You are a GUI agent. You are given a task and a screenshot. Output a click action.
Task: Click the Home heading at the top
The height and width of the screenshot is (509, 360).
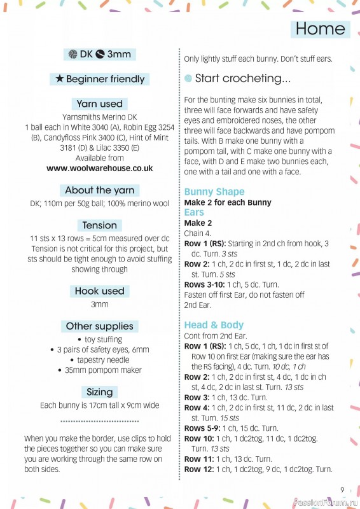pyautogui.click(x=321, y=29)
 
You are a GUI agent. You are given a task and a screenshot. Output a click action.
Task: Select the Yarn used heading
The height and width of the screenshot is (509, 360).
pyautogui.click(x=100, y=104)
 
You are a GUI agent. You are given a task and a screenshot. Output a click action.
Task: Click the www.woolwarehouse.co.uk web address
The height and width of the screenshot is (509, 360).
pyautogui.click(x=100, y=169)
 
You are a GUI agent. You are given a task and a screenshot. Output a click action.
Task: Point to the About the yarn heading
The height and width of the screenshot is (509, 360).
pyautogui.click(x=100, y=190)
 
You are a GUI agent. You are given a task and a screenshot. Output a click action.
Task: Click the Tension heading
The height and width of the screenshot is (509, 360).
pyautogui.click(x=100, y=225)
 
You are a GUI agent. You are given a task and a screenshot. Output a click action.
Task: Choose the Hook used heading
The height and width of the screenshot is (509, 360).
pyautogui.click(x=100, y=291)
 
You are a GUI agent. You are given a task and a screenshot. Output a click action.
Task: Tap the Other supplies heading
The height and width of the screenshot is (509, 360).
pyautogui.click(x=100, y=326)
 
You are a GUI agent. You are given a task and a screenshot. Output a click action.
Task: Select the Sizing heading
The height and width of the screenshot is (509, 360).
pyautogui.click(x=100, y=392)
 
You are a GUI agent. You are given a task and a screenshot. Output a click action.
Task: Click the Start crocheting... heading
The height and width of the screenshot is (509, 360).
pyautogui.click(x=242, y=79)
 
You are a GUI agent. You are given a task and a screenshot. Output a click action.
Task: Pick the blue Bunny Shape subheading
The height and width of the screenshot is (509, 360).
pyautogui.click(x=214, y=192)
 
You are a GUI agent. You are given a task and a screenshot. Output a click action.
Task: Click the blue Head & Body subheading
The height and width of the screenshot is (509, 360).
pyautogui.click(x=214, y=325)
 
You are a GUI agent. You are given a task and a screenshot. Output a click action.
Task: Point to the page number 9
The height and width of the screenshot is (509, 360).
pyautogui.click(x=342, y=489)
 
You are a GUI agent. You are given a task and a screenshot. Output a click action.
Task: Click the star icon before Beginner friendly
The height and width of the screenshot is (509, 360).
pyautogui.click(x=59, y=80)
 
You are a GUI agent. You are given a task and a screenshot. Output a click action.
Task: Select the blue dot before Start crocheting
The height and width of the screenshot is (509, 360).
pyautogui.click(x=188, y=79)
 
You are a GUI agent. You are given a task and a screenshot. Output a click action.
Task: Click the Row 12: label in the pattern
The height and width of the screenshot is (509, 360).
pyautogui.click(x=198, y=469)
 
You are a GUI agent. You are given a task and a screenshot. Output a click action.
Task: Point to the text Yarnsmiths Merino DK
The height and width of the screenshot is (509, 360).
pyautogui.click(x=100, y=117)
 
